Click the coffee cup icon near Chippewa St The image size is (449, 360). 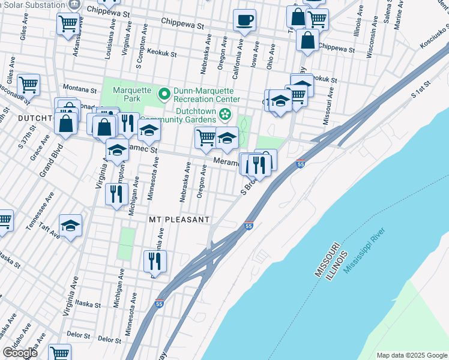coord(244,20)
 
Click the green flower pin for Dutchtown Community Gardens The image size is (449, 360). coord(225,113)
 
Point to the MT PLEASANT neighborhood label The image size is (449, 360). coord(179,220)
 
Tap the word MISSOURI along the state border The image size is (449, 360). coord(327,260)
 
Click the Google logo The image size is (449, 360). coord(20,353)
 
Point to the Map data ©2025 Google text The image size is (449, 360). coord(411,355)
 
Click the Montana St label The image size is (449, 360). coord(75,86)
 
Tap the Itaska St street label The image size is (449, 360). coord(88,304)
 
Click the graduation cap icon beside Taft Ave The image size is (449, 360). coord(70,226)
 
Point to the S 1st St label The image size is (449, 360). coord(422,89)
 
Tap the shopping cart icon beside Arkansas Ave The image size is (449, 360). coord(68,25)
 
